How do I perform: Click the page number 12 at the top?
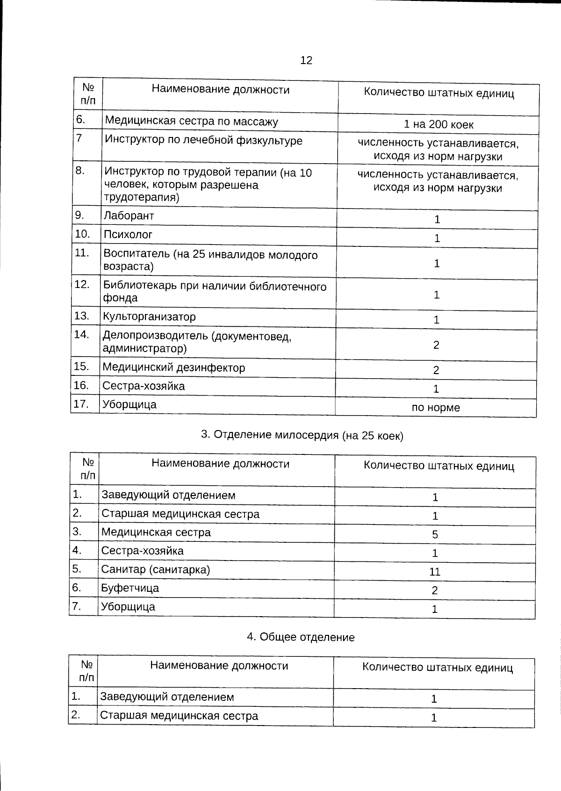[x=306, y=60]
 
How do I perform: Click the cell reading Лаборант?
[x=129, y=216]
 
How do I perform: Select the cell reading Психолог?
[x=128, y=235]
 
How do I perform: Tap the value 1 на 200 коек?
[x=438, y=125]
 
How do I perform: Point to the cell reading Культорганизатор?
[x=149, y=317]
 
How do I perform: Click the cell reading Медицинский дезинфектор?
[x=173, y=368]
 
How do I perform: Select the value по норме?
[x=436, y=408]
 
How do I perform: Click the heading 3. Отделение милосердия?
[x=302, y=435]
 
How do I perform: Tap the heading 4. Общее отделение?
[x=301, y=637]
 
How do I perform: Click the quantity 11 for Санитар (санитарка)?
[x=435, y=572]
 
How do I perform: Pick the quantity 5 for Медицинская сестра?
[x=435, y=534]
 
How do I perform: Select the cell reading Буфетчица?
[x=130, y=588]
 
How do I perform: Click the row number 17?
[x=81, y=404]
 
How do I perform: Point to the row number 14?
[x=82, y=335]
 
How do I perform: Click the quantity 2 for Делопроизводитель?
[x=436, y=345]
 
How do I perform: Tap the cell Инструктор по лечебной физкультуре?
[x=203, y=141]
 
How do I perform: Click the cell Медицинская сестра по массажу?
[x=191, y=122]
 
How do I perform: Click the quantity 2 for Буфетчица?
[x=435, y=590]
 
